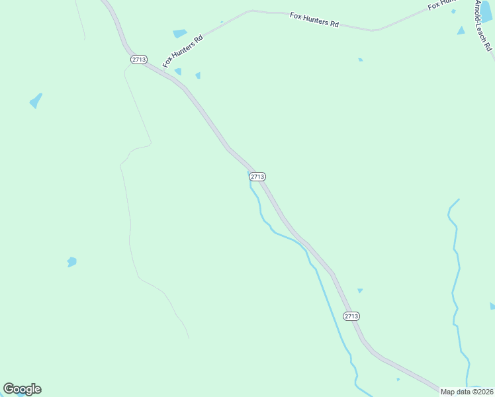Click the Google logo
coord(22,389)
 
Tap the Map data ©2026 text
coord(467,392)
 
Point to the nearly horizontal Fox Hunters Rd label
coord(314,20)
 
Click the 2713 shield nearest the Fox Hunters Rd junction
coord(138,60)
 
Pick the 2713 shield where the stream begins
coord(258,177)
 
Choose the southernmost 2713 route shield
coord(351,316)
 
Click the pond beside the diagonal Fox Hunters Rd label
coord(179,33)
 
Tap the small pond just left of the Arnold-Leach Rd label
coord(461,30)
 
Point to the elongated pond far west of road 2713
coord(36,101)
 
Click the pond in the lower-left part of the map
coord(71,262)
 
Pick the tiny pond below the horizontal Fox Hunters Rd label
coord(360,60)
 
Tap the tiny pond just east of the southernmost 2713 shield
coord(360,290)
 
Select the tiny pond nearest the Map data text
coord(398,379)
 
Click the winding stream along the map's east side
coord(455,278)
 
